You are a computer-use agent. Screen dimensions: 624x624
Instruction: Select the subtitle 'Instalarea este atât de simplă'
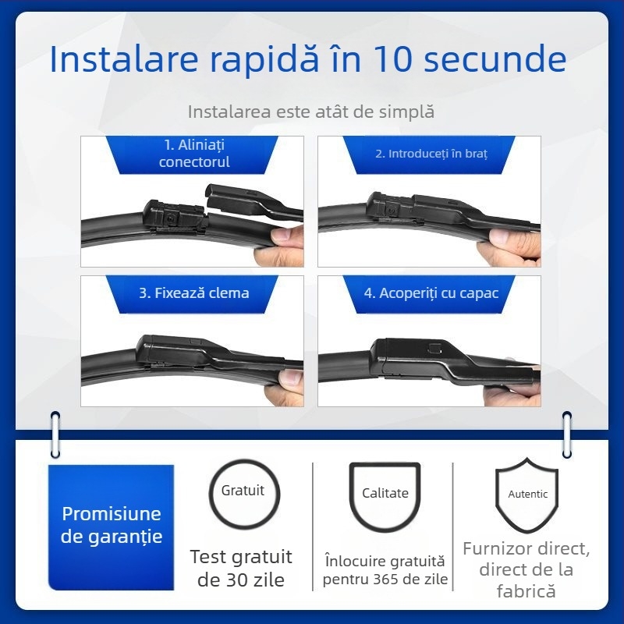(310, 112)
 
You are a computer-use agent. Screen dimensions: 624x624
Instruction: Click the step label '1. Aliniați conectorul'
(194, 154)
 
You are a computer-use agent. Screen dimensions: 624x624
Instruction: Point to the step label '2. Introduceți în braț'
(431, 154)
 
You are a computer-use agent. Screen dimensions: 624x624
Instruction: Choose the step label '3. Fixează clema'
(194, 293)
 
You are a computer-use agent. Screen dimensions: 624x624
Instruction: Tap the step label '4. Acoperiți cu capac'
(431, 293)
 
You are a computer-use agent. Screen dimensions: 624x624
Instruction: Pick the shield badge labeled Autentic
(527, 495)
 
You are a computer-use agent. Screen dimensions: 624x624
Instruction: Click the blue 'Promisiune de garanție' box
(112, 526)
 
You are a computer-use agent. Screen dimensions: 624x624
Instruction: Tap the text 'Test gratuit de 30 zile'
(241, 568)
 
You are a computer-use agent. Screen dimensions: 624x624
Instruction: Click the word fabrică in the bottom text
(526, 591)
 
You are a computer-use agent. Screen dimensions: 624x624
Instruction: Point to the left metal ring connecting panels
(55, 433)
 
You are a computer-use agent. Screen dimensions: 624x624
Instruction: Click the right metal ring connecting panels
(567, 434)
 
